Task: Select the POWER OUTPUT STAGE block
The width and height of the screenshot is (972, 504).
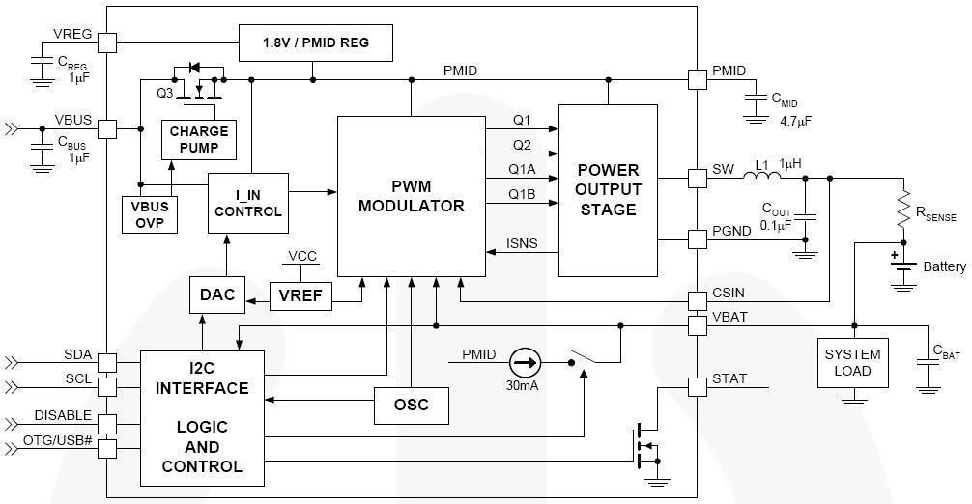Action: coord(608,190)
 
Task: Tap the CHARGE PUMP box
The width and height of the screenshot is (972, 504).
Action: coord(199,140)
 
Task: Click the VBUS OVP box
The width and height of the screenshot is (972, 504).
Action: coord(149,214)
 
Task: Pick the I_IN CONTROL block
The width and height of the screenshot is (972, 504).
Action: coord(248,203)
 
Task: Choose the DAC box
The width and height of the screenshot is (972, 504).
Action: coord(217,295)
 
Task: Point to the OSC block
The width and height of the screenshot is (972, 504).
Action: coord(413,405)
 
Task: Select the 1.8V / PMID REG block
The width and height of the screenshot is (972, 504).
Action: coord(316,43)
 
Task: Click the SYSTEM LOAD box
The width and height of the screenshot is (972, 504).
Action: coord(852,363)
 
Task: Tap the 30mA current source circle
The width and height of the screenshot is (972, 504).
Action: coord(525,363)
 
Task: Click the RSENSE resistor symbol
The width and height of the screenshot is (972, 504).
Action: coord(904,209)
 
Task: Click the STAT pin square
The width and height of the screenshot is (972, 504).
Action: coord(697,387)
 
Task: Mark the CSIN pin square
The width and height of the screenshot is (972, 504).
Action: coord(697,299)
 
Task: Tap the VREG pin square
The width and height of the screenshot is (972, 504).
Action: coord(107,42)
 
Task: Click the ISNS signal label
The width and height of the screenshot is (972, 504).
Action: coord(522,244)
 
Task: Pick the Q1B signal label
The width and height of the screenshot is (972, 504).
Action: coord(522,195)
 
